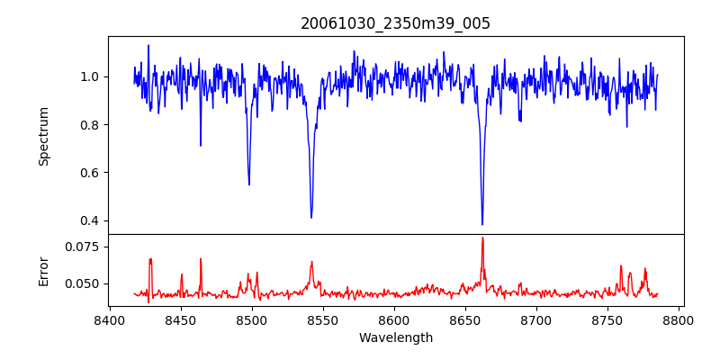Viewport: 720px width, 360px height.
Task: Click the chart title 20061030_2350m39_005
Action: pyautogui.click(x=395, y=23)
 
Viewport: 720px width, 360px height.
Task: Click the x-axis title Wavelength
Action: pyautogui.click(x=395, y=338)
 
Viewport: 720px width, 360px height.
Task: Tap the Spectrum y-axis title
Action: pyautogui.click(x=43, y=136)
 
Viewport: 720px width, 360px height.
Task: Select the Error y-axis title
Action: pyautogui.click(x=43, y=270)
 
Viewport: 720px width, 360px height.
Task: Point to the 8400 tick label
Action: pyautogui.click(x=109, y=319)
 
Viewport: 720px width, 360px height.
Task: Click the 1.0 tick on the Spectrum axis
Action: pyautogui.click(x=90, y=76)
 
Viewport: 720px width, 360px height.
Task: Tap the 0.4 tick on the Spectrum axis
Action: pyautogui.click(x=90, y=220)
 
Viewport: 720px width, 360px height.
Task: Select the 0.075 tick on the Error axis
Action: pyautogui.click(x=85, y=247)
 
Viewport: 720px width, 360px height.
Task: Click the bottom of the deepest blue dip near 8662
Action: pyautogui.click(x=482, y=224)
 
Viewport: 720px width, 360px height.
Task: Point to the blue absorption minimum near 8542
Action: pyautogui.click(x=311, y=217)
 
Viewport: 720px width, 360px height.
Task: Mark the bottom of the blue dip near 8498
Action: pyautogui.click(x=249, y=184)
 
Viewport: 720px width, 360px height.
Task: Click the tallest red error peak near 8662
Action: pyautogui.click(x=482, y=238)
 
